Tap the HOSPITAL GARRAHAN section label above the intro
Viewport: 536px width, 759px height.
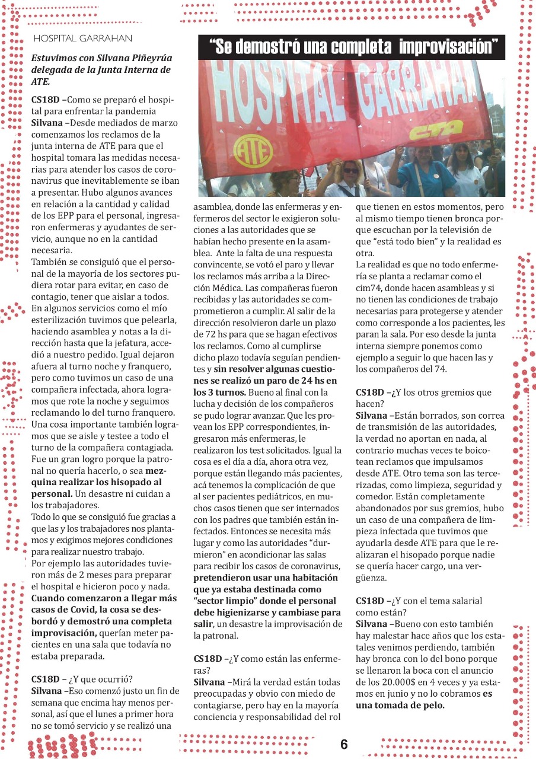82,39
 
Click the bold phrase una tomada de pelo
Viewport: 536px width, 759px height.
401,705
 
